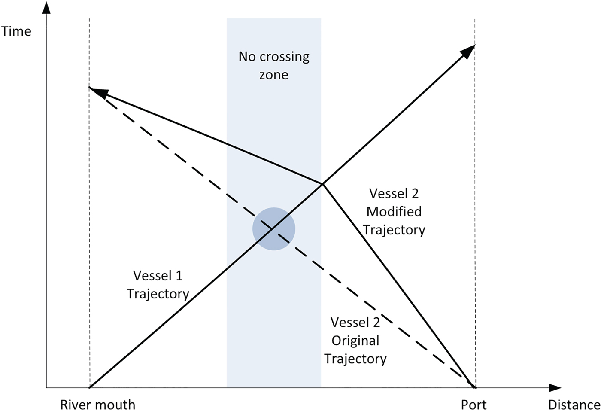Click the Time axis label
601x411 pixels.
pyautogui.click(x=16, y=31)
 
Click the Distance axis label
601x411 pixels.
pyautogui.click(x=574, y=405)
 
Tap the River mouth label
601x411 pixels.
pyautogui.click(x=97, y=405)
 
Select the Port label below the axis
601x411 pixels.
pyautogui.click(x=474, y=405)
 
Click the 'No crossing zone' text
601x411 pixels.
pyautogui.click(x=274, y=65)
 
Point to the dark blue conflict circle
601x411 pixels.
pyautogui.click(x=274, y=229)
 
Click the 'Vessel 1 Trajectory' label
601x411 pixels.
pyautogui.click(x=158, y=284)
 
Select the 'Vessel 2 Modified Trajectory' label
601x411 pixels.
pyautogui.click(x=394, y=211)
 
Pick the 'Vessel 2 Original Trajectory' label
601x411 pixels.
pyautogui.click(x=355, y=340)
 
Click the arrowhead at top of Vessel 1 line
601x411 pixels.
pyautogui.click(x=469, y=50)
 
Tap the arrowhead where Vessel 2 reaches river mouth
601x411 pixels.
pyautogui.click(x=97, y=91)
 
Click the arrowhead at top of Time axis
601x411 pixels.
pyautogui.click(x=46, y=8)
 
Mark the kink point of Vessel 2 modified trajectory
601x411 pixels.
pyautogui.click(x=322, y=184)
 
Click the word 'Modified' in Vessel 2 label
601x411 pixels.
pyautogui.click(x=394, y=211)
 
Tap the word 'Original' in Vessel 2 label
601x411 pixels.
pyautogui.click(x=355, y=341)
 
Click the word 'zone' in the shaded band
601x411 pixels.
pyautogui.click(x=274, y=75)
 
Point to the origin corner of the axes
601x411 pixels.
pyautogui.click(x=46, y=388)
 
